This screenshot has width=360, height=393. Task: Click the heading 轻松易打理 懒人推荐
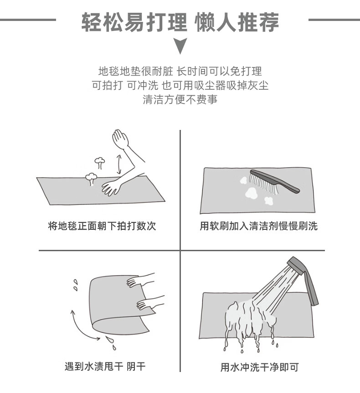[180, 22]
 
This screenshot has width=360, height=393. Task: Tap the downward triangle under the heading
[180, 46]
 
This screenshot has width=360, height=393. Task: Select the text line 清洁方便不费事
[180, 99]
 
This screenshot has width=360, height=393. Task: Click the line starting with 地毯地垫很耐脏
[180, 72]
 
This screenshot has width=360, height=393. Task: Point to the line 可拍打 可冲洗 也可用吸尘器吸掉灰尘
[180, 85]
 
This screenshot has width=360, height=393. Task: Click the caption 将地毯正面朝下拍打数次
[102, 226]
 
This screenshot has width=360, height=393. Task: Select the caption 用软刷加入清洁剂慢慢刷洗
[259, 226]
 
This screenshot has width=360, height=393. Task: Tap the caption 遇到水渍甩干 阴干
[105, 367]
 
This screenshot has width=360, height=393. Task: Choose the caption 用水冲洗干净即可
[260, 367]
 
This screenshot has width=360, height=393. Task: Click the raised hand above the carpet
[120, 139]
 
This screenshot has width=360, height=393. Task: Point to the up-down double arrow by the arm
[119, 164]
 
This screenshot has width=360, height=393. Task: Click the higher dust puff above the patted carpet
[100, 162]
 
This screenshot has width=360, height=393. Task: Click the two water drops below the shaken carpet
[111, 342]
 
